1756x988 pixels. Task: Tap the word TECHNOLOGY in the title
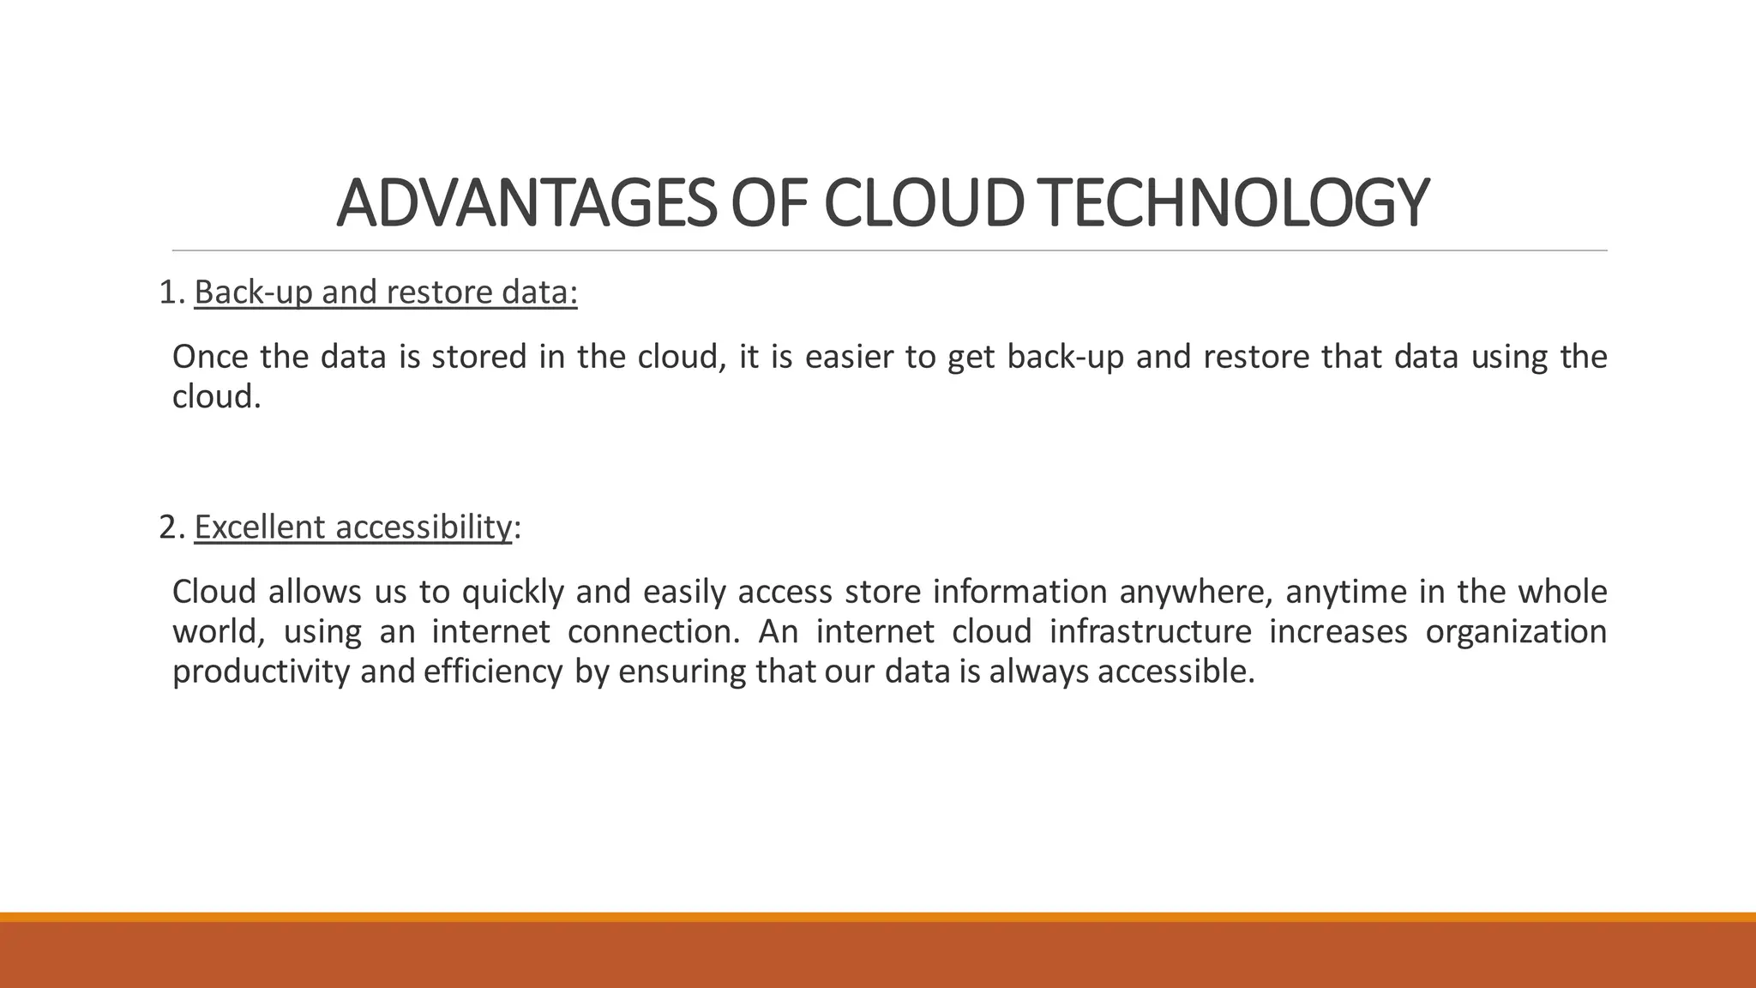(x=1236, y=203)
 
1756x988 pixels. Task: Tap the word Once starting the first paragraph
(x=209, y=357)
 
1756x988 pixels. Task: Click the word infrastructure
(x=1151, y=632)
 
